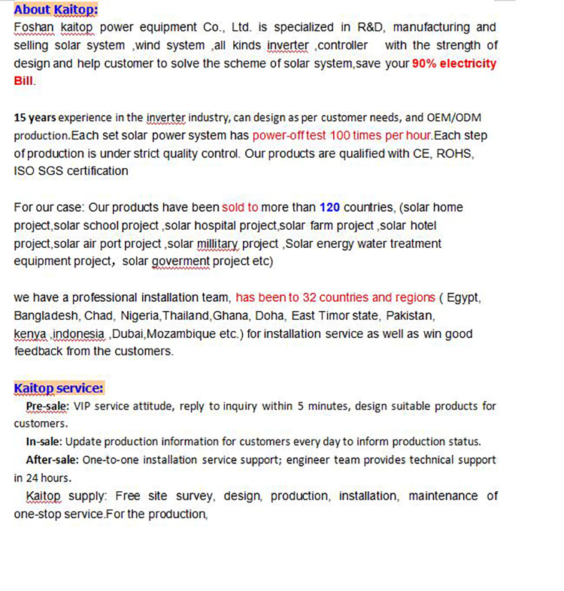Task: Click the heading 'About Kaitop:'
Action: pos(56,10)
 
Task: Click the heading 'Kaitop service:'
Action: pos(59,387)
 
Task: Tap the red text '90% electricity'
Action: pos(453,64)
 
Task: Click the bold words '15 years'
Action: pos(35,118)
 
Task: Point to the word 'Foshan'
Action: pos(34,28)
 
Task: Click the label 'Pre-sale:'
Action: pos(47,406)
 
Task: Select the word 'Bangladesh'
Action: pos(47,315)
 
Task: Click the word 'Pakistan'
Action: pos(411,315)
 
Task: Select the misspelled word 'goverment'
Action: pos(179,261)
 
